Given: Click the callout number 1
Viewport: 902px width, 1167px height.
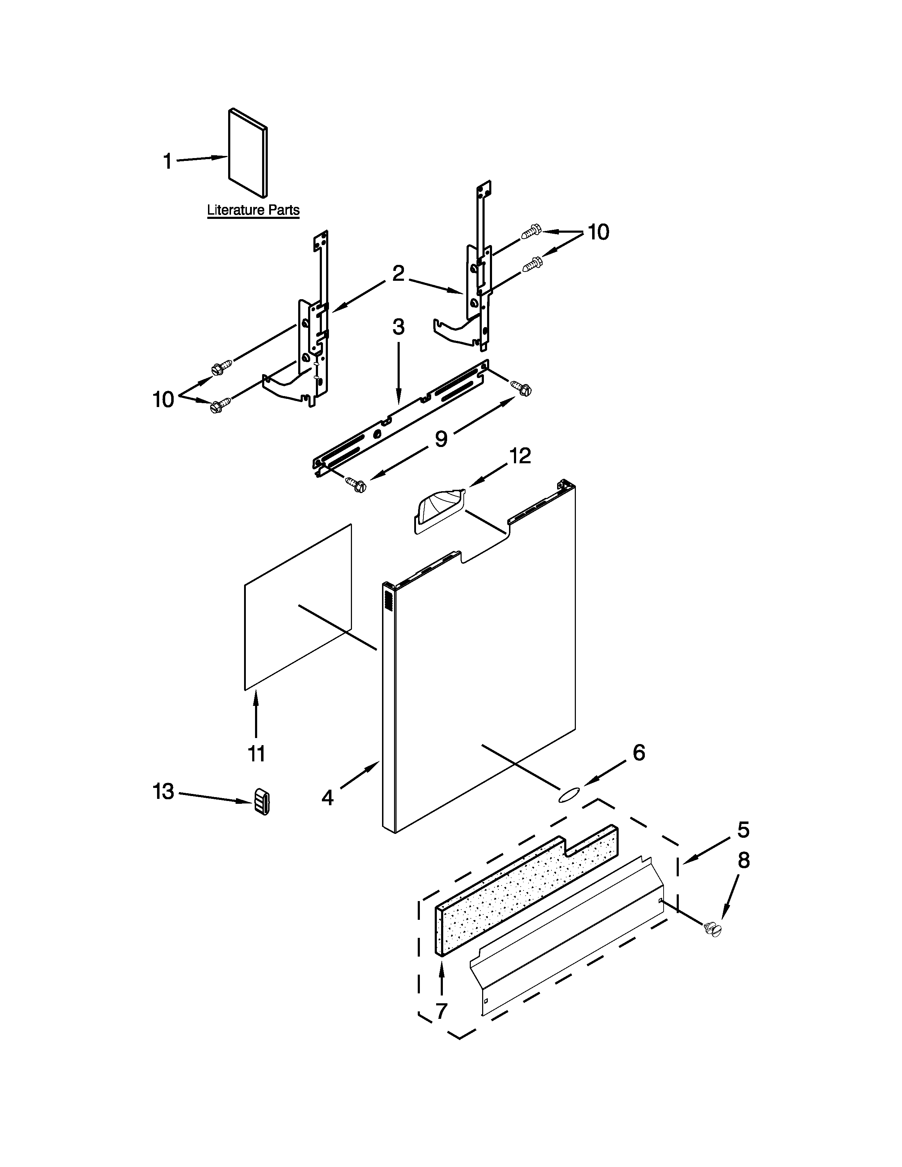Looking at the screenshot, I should [168, 161].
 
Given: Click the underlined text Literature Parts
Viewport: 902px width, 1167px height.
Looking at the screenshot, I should [253, 210].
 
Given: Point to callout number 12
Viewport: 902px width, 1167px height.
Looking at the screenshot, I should [520, 456].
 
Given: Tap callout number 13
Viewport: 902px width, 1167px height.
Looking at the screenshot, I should [163, 791].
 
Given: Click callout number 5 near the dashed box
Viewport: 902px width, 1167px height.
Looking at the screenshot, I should [743, 830].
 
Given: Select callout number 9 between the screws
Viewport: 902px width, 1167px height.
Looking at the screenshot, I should [441, 439].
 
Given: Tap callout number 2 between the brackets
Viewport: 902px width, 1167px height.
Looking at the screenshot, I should [398, 274].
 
